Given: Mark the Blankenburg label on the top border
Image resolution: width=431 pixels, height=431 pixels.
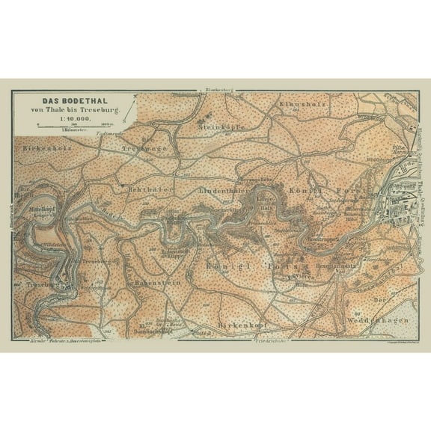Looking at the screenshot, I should click(209, 93).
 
